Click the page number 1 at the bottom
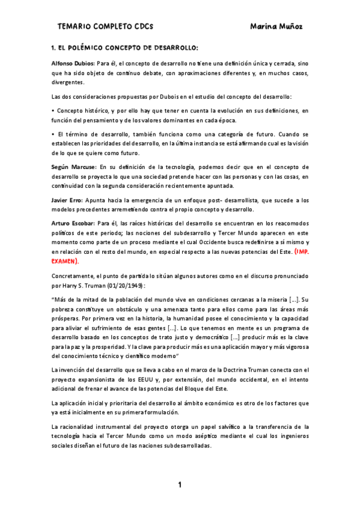tap(179, 485)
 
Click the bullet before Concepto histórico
tap(53, 111)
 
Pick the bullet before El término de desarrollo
tap(53, 135)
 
